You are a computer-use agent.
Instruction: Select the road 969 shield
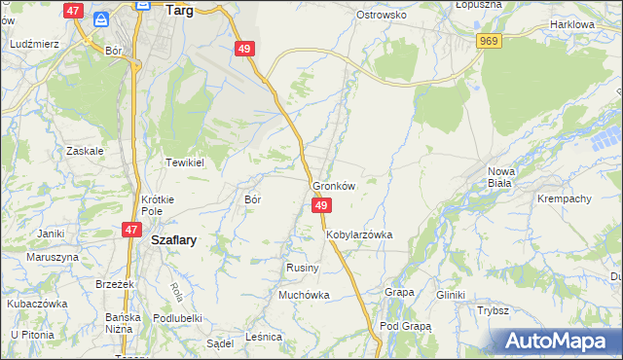[x=489, y=40]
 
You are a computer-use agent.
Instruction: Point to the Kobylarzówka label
[x=359, y=234]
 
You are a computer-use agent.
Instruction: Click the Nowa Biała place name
[x=508, y=177]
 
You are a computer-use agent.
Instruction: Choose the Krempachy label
[x=565, y=198]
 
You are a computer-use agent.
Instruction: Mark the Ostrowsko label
[x=381, y=16]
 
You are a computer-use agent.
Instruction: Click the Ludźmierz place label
[x=34, y=45]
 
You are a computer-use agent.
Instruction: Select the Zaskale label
[x=85, y=151]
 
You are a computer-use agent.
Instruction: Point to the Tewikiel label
[x=183, y=162]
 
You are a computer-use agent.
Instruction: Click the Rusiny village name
[x=298, y=267]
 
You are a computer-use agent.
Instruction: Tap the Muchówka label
[x=304, y=294]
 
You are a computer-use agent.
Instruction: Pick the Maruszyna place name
[x=52, y=257]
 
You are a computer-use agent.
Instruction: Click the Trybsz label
[x=494, y=310]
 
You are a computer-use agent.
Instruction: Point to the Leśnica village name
[x=264, y=337]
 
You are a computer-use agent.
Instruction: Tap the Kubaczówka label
[x=38, y=303]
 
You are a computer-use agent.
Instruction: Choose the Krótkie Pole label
[x=158, y=204]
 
